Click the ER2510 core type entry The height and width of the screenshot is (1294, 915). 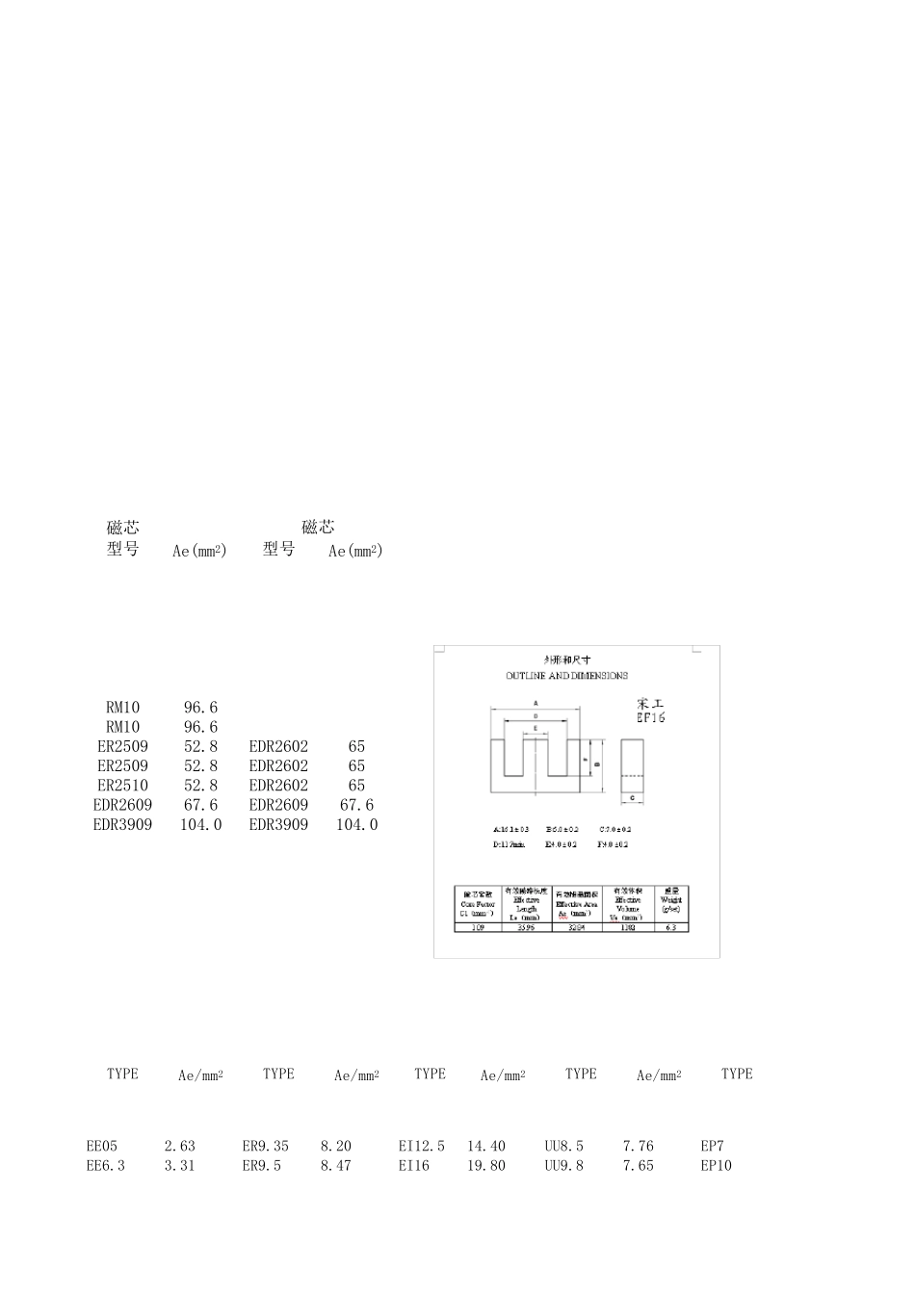pyautogui.click(x=122, y=786)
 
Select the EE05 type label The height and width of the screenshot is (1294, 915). pyautogui.click(x=102, y=1147)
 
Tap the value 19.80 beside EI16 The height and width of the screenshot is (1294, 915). pyautogui.click(x=486, y=1166)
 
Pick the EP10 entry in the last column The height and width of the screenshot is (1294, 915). pyautogui.click(x=717, y=1166)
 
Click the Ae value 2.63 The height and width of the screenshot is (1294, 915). pyautogui.click(x=180, y=1147)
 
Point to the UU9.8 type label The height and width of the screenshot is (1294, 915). pyautogui.click(x=564, y=1166)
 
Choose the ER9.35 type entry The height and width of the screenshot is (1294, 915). pyautogui.click(x=266, y=1147)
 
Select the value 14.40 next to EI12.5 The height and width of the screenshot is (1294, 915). pyautogui.click(x=486, y=1147)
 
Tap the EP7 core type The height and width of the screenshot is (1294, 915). pyautogui.click(x=713, y=1147)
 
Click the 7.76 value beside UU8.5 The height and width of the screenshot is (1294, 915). pyautogui.click(x=639, y=1147)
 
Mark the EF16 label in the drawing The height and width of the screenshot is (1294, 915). pyautogui.click(x=651, y=718)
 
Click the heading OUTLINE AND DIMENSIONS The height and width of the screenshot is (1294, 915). pyautogui.click(x=566, y=676)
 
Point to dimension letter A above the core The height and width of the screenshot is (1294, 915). pyautogui.click(x=536, y=703)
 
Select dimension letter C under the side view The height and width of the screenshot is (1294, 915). pyautogui.click(x=632, y=798)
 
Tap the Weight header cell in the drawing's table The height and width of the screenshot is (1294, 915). pyautogui.click(x=671, y=903)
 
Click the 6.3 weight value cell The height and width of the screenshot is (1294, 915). pyautogui.click(x=671, y=926)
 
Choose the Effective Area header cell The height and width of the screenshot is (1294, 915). pyautogui.click(x=576, y=904)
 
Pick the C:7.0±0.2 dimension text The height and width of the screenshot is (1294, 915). pyautogui.click(x=614, y=829)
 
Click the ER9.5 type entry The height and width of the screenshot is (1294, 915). pyautogui.click(x=262, y=1166)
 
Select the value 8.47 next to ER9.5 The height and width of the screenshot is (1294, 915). pyautogui.click(x=336, y=1166)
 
